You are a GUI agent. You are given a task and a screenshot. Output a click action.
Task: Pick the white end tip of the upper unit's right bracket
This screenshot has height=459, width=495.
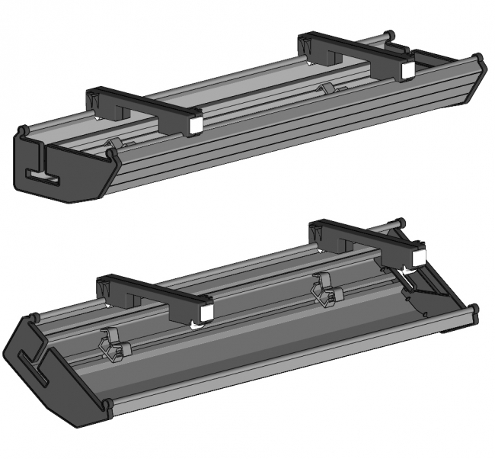point(407,70)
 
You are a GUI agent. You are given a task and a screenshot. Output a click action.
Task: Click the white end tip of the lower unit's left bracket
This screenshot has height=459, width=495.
point(205,313)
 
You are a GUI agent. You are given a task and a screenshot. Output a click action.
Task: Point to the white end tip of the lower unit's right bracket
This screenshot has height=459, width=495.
point(418,259)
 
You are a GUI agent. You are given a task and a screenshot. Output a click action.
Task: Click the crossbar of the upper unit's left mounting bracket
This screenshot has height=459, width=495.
point(145,107)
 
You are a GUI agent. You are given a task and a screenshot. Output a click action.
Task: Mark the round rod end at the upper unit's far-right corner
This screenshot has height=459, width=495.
point(478,58)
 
